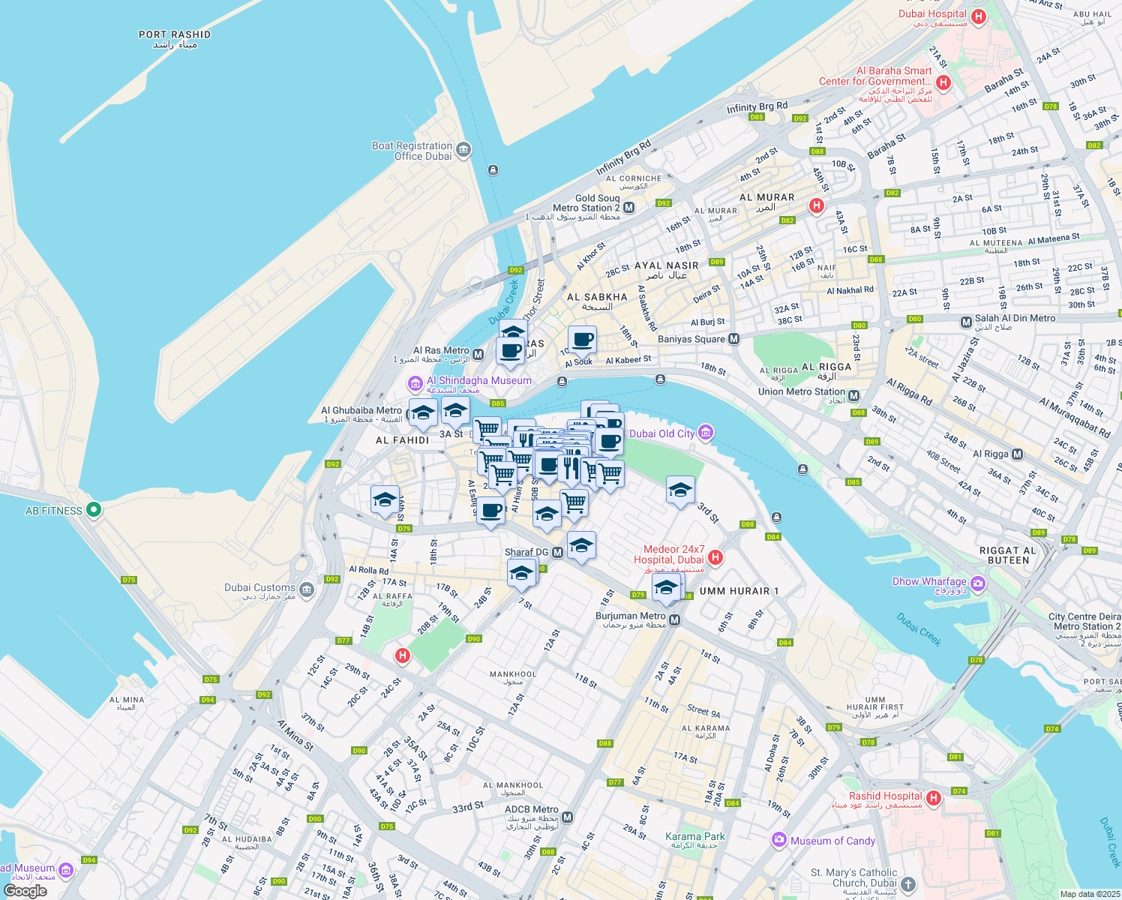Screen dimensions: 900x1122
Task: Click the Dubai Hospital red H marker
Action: pos(978,16)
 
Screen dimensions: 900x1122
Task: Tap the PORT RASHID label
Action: pos(175,34)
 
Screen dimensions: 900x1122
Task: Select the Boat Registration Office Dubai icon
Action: pos(463,150)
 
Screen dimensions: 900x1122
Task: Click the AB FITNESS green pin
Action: pos(94,510)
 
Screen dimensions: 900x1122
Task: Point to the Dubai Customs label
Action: pos(259,588)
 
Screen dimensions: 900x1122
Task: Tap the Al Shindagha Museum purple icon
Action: pos(415,384)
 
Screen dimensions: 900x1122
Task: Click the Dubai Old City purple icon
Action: pos(705,433)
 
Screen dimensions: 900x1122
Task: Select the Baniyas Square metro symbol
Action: pos(734,339)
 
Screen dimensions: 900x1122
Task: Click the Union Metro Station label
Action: pos(801,391)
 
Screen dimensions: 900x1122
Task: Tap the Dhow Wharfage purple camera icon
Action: pos(977,583)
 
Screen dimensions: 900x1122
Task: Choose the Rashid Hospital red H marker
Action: pos(934,798)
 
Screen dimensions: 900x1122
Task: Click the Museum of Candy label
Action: pos(832,841)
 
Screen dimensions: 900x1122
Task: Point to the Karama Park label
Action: pos(695,836)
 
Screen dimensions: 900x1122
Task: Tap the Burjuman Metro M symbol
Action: pos(675,620)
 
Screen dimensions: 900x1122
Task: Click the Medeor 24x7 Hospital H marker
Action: pos(715,556)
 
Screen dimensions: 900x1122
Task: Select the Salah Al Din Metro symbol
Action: pos(966,322)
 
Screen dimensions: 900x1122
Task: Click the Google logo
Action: pos(25,891)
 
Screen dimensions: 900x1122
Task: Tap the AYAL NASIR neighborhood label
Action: pos(666,265)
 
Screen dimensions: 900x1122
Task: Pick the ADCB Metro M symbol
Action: pos(567,817)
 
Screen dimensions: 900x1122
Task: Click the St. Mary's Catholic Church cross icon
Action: pos(908,884)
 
